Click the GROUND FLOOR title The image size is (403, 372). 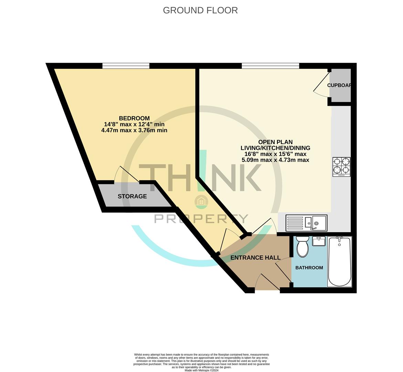pos(200,10)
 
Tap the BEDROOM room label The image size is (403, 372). pos(134,118)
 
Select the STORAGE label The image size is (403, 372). pos(132,196)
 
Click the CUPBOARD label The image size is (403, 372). pos(339,85)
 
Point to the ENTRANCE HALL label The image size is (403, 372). pos(255,258)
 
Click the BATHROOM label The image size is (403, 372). pos(309,268)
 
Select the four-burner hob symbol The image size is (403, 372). pos(341,167)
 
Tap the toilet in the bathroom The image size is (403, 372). pos(303,247)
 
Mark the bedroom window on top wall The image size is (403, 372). pos(126,65)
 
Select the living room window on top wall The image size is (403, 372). pos(270,65)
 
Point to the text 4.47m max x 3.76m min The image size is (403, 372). pos(134,130)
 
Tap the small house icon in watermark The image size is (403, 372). pos(201,201)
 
